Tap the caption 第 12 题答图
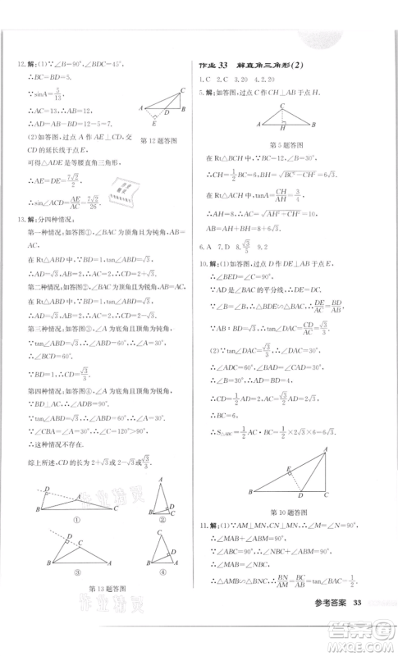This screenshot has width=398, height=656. coord(161,140)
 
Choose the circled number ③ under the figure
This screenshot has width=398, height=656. coord(76,572)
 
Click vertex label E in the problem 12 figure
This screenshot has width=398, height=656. coord(167,122)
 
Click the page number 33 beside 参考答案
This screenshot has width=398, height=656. coord(356,604)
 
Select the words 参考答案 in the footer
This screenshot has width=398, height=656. coord(326,604)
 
